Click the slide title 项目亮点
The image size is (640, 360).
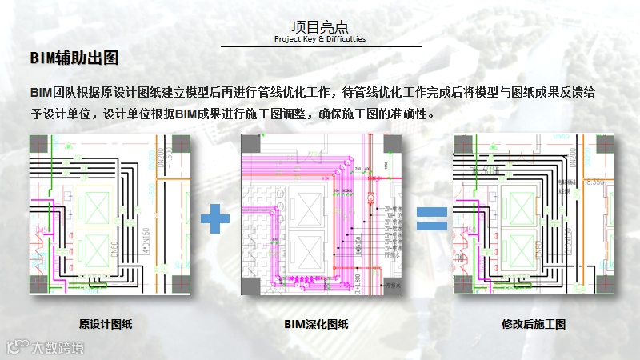tap(319, 26)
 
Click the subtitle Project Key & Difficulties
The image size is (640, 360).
tap(319, 38)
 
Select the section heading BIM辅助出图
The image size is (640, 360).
tap(74, 58)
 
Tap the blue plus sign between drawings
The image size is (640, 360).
tap(214, 218)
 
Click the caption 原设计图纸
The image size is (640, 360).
tap(106, 324)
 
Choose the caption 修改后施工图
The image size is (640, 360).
tap(534, 324)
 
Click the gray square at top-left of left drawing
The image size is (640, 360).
tap(38, 144)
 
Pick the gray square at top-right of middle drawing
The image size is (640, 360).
tap(392, 144)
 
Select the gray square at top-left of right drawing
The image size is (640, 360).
tap(464, 144)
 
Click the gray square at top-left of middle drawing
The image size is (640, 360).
tap(250, 144)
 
